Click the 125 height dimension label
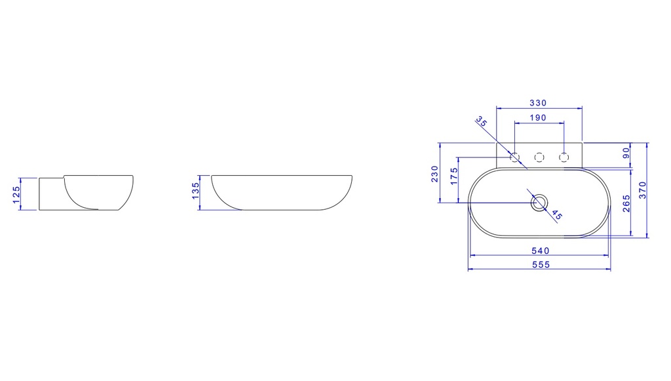tap(16, 194)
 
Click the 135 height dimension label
tap(195, 191)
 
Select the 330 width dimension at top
tap(538, 103)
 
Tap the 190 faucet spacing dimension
tap(538, 117)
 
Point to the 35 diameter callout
tap(482, 121)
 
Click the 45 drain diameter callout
tap(557, 214)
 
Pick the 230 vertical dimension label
tap(435, 174)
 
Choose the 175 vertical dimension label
tap(454, 176)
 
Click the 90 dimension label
tap(626, 153)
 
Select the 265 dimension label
tap(626, 204)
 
